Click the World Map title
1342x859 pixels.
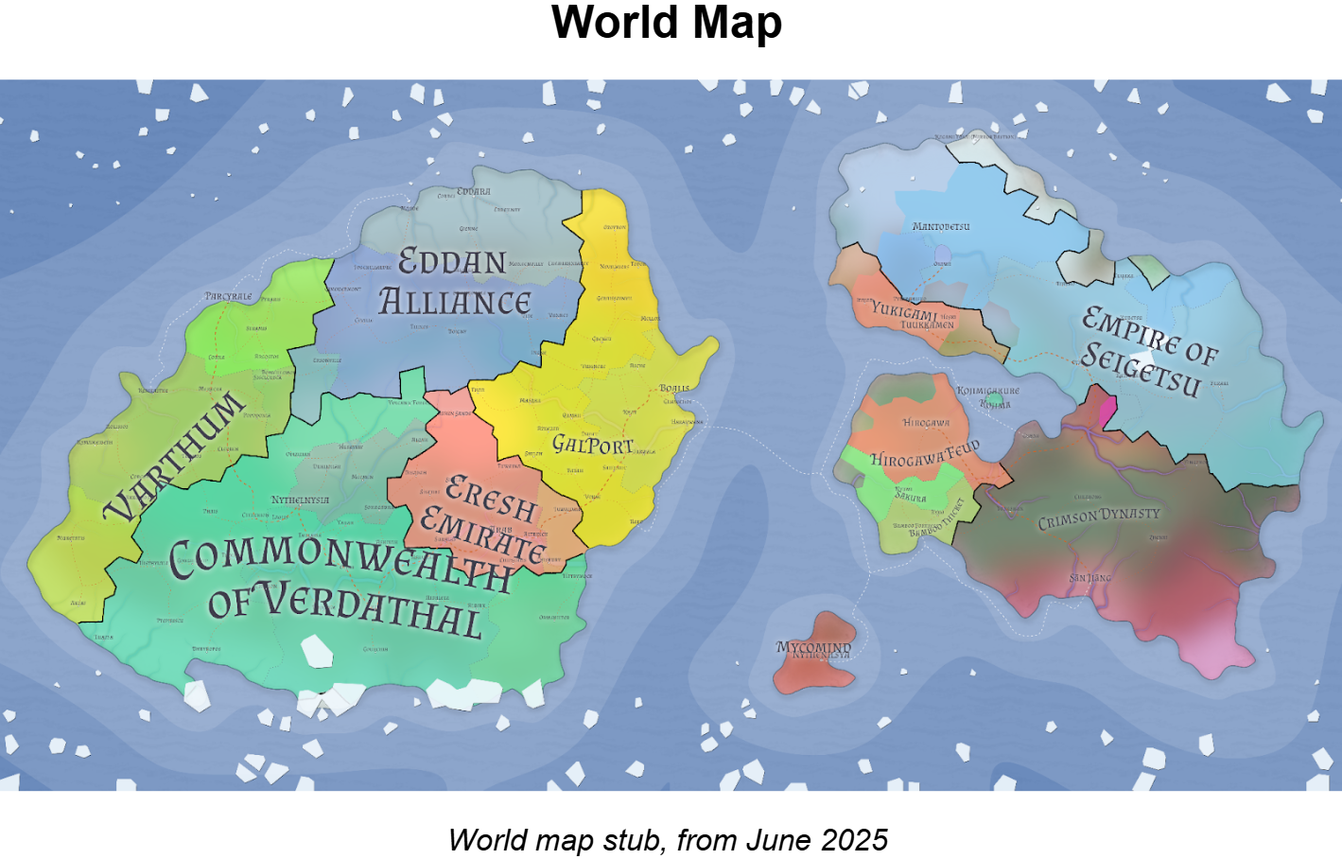667,23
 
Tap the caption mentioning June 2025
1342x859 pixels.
668,839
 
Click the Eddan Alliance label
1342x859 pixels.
454,282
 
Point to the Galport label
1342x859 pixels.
592,444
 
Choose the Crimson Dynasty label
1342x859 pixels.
1098,517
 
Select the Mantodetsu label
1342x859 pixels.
941,227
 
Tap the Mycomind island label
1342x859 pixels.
813,647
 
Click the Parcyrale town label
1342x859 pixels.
228,296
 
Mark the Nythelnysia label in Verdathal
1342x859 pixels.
300,500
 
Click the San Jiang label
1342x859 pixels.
1090,578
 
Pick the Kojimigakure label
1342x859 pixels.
987,390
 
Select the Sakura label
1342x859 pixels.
910,497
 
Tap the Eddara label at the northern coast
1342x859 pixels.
473,191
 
